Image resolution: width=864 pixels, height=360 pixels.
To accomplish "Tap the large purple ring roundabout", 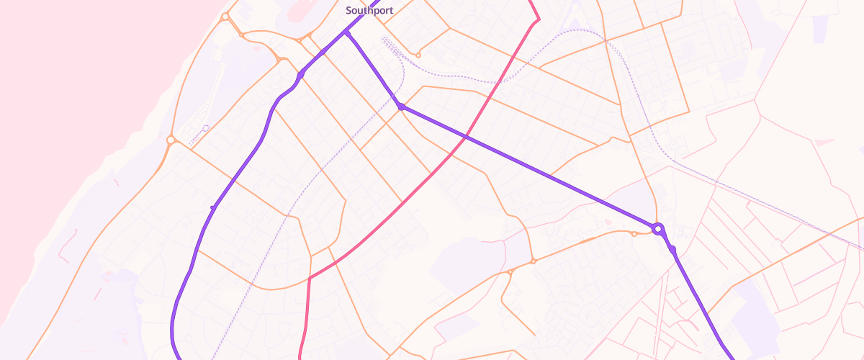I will (657, 229).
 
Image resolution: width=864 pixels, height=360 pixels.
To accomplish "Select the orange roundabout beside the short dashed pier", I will (171, 140).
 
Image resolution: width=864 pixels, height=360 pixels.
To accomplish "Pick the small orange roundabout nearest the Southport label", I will (418, 55).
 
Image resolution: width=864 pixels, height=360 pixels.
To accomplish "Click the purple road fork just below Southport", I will (346, 32).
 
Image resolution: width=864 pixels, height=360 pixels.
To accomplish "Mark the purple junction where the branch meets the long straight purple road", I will (401, 107).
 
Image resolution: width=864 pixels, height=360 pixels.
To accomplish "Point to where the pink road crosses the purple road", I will (466, 136).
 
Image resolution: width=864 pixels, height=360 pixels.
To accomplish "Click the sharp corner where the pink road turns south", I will (310, 277).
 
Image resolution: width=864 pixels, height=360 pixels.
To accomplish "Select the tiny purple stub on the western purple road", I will (212, 207).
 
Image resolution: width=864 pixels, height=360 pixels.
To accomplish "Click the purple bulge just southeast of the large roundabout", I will (672, 250).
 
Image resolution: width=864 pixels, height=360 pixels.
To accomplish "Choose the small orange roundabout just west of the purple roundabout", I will (634, 233).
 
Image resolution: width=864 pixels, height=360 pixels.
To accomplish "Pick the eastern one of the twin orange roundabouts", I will (533, 261).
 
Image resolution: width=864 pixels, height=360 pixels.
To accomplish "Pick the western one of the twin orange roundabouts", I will (510, 272).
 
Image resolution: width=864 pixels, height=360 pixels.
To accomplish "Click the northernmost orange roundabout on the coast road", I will (225, 16).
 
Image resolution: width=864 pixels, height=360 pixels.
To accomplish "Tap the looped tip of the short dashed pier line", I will (206, 128).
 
